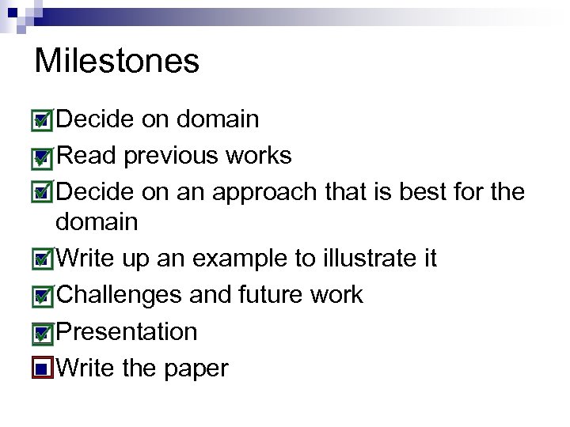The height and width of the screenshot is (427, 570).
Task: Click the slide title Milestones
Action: tap(117, 62)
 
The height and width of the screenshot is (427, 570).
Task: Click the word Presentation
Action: tap(127, 332)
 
